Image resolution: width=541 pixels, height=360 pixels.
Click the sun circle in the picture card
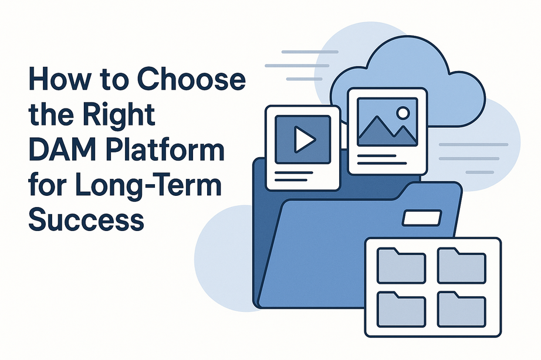(403, 112)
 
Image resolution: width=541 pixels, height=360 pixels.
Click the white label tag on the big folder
(421, 219)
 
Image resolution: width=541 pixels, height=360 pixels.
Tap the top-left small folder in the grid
(401, 265)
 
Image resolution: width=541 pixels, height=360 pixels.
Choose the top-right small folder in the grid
(461, 265)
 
